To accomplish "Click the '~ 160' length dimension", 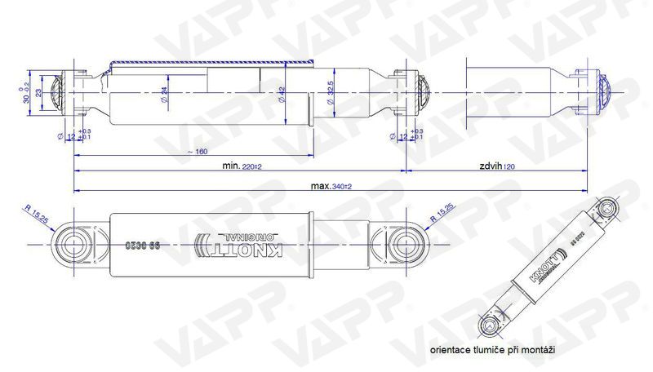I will tap(196, 152).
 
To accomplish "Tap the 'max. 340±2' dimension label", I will tap(331, 186).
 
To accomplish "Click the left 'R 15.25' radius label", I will tap(38, 215).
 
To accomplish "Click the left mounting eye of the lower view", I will tap(72, 244).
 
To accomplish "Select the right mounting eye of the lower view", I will tap(406, 244).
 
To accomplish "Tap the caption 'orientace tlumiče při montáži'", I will tap(494, 349).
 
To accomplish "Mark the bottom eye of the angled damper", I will tap(490, 326).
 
